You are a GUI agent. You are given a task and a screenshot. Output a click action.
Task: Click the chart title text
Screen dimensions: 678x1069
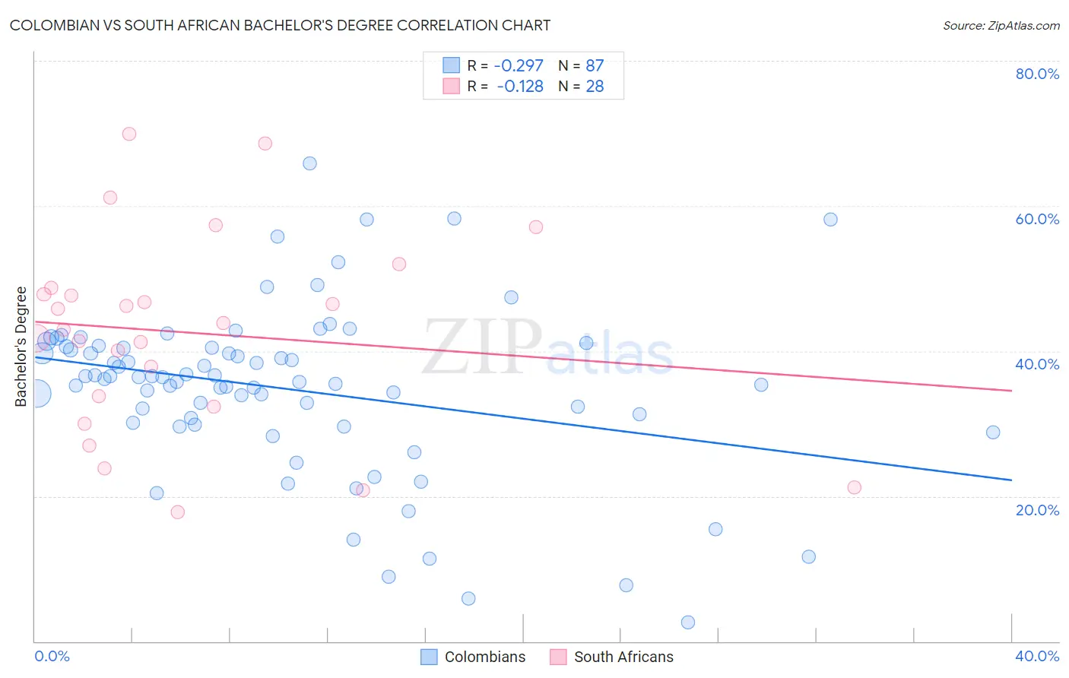pyautogui.click(x=280, y=25)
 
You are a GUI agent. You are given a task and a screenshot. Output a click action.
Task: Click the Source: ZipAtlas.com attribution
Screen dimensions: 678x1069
pyautogui.click(x=1001, y=25)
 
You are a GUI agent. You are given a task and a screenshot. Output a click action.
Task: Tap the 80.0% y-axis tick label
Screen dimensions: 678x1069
pyautogui.click(x=1037, y=74)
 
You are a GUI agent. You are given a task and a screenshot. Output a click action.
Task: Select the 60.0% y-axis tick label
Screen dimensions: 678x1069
pyautogui.click(x=1037, y=219)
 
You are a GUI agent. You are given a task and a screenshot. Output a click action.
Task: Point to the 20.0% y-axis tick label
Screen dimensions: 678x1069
pyautogui.click(x=1037, y=510)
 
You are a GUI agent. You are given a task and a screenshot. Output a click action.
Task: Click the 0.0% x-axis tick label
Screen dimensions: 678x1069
pyautogui.click(x=52, y=656)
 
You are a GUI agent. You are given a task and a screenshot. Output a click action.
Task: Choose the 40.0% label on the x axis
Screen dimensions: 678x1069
pyautogui.click(x=1037, y=656)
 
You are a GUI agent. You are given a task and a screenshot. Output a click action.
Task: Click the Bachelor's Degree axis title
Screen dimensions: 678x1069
pyautogui.click(x=21, y=347)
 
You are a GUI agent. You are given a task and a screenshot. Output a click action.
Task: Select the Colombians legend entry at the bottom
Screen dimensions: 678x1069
pyautogui.click(x=473, y=657)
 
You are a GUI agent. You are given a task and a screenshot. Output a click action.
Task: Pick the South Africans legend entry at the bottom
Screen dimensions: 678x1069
pyautogui.click(x=612, y=657)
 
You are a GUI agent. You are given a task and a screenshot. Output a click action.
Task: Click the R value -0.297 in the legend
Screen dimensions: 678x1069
pyautogui.click(x=519, y=65)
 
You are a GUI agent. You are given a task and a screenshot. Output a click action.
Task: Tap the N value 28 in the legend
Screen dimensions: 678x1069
pyautogui.click(x=595, y=87)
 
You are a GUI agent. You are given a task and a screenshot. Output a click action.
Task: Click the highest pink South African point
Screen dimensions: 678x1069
pyautogui.click(x=129, y=134)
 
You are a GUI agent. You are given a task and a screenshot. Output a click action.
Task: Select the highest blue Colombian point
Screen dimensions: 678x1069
pyautogui.click(x=309, y=163)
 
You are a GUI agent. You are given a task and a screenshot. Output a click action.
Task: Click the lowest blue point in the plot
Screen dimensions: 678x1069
pyautogui.click(x=688, y=623)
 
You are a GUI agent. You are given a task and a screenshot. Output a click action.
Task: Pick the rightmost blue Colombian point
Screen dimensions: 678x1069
pyautogui.click(x=993, y=432)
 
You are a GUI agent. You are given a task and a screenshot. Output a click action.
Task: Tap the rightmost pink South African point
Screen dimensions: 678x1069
pyautogui.click(x=855, y=487)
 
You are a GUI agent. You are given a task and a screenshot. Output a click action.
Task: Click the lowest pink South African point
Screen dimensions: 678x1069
pyautogui.click(x=178, y=512)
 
